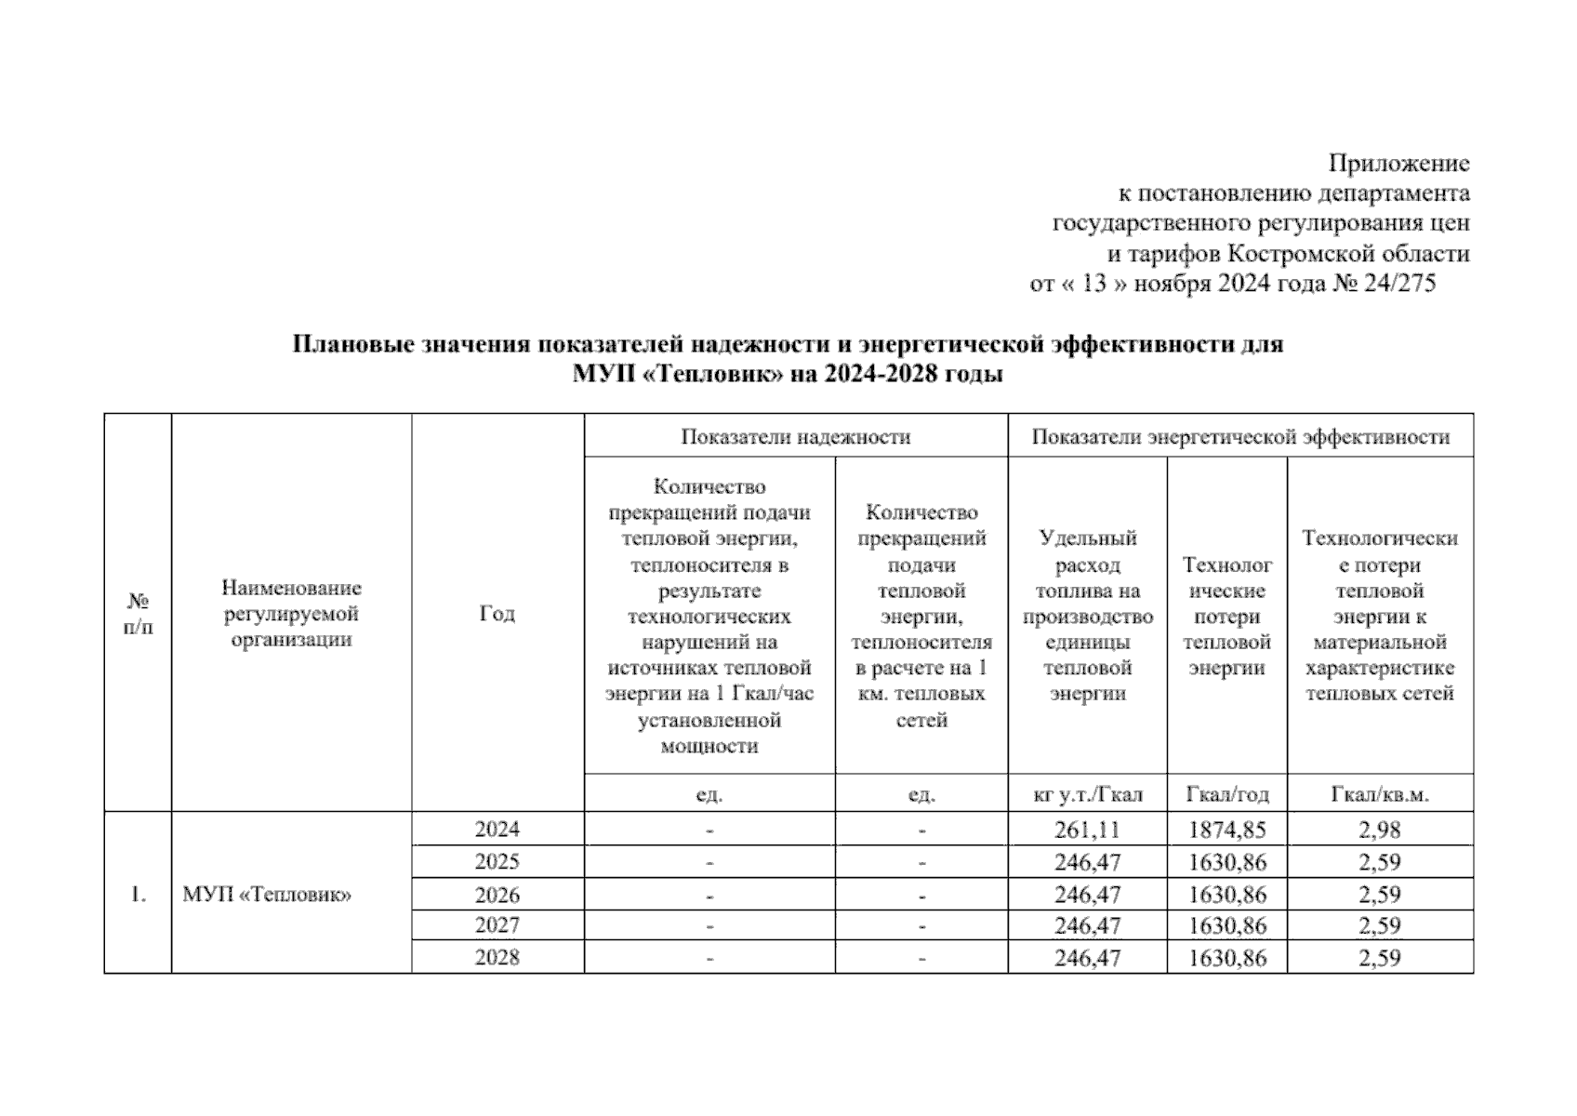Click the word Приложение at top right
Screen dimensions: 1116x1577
click(x=1398, y=164)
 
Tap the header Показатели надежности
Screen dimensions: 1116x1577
click(x=795, y=437)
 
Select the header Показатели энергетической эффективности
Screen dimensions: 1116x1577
click(x=1239, y=437)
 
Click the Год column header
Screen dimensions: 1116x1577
click(x=497, y=614)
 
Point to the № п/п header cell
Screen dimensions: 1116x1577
click(x=138, y=614)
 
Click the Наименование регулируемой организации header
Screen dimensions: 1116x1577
click(x=291, y=614)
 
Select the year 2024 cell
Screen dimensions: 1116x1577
click(x=497, y=830)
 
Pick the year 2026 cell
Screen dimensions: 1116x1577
click(x=497, y=895)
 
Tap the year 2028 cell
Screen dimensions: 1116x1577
click(x=497, y=958)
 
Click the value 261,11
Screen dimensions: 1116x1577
click(x=1087, y=830)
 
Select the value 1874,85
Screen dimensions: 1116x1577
click(x=1226, y=830)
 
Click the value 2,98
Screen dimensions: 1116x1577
click(x=1379, y=830)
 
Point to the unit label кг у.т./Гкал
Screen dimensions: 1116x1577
click(x=1087, y=795)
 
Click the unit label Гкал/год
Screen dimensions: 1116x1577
click(x=1226, y=795)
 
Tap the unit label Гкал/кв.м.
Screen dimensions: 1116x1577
click(x=1379, y=795)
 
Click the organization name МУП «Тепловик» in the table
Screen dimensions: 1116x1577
click(x=267, y=896)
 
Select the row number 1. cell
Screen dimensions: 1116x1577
click(x=138, y=896)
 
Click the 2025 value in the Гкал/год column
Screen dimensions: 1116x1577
click(x=1226, y=862)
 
